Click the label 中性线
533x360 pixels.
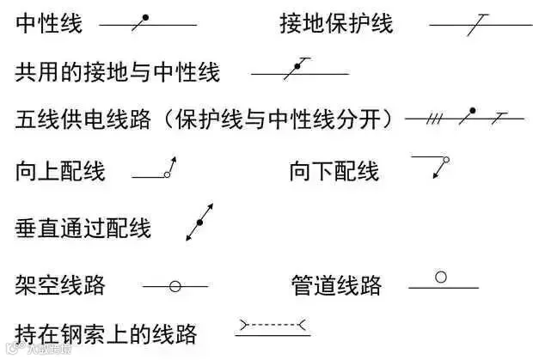49,23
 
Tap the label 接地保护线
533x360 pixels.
336,23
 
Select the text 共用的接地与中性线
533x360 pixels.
117,72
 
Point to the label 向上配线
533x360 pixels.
60,171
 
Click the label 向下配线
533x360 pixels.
334,171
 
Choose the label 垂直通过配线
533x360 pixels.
83,228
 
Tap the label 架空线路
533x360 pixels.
60,284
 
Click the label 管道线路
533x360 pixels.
336,284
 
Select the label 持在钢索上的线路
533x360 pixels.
106,334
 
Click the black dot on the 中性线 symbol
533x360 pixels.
145,17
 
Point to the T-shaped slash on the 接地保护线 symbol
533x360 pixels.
477,24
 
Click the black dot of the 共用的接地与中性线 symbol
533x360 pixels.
297,66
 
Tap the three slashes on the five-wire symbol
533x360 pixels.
434,119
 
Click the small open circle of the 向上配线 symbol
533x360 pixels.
167,174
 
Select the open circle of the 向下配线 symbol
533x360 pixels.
446,160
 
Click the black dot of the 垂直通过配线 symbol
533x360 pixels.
199,223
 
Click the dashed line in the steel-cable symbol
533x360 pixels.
273,325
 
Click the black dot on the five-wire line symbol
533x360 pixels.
473,110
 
